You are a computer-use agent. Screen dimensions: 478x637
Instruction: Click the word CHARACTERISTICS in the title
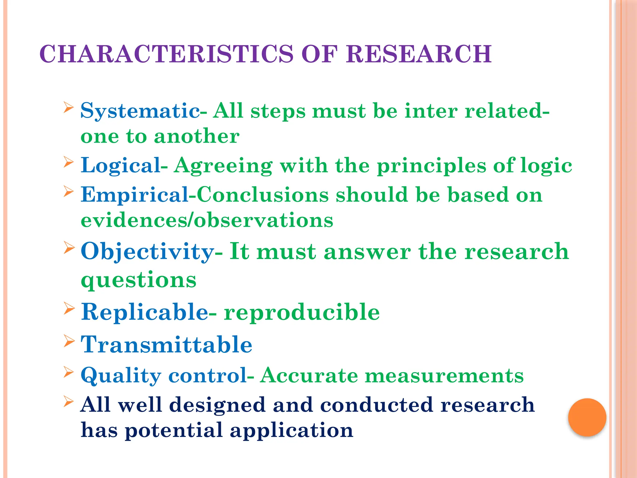(x=166, y=54)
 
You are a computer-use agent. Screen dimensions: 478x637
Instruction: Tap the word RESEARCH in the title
(x=419, y=54)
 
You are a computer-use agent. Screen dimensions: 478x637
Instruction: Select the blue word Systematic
(x=140, y=111)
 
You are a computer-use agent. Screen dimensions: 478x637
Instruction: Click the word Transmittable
(x=166, y=345)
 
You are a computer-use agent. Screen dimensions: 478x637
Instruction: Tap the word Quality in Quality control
(x=121, y=376)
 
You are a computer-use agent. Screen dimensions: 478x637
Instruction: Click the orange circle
(x=587, y=417)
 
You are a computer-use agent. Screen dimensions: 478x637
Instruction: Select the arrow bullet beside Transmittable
(x=69, y=341)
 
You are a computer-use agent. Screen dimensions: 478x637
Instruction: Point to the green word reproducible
(x=302, y=312)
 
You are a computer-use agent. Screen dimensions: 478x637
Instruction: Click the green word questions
(x=138, y=280)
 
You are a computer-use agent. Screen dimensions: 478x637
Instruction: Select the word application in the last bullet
(x=291, y=431)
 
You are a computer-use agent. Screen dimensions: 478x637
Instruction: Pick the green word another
(x=197, y=136)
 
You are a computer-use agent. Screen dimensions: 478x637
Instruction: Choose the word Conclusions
(x=263, y=195)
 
